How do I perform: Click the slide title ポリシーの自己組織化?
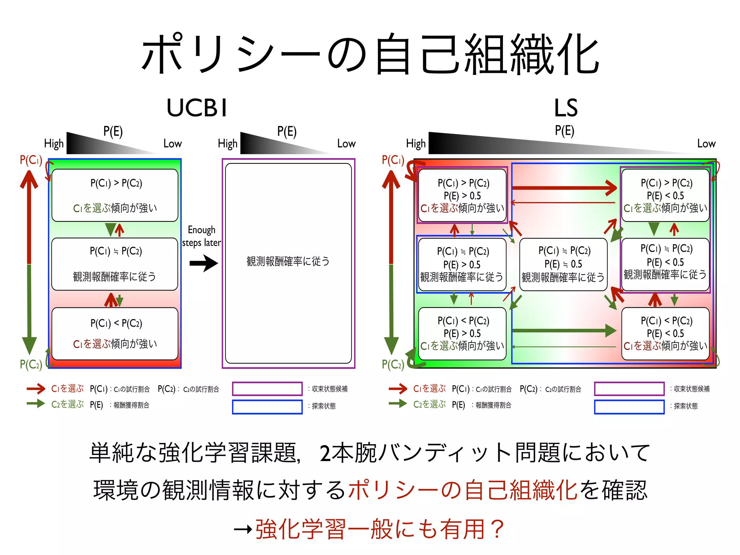point(370,54)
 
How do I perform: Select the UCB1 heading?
point(197,108)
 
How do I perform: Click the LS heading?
point(565,108)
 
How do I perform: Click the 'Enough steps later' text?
point(202,236)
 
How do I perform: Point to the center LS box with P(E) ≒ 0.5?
point(563,264)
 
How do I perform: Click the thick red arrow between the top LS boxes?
point(564,188)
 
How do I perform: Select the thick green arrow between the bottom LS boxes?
point(564,330)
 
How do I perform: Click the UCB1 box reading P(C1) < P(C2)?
point(115,333)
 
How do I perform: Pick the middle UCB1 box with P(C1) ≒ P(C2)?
point(115,264)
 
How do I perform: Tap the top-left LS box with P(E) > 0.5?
point(462,195)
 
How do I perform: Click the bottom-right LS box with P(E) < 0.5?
point(665,333)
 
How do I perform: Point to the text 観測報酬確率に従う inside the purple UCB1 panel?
point(288,261)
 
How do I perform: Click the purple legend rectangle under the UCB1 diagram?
point(267,389)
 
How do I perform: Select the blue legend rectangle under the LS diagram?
point(629,406)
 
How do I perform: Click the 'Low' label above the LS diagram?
point(706,143)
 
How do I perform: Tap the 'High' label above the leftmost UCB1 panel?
point(54,143)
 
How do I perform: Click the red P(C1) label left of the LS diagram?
point(393,160)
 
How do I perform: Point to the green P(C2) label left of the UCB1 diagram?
point(31,364)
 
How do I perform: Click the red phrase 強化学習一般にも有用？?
point(379,529)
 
